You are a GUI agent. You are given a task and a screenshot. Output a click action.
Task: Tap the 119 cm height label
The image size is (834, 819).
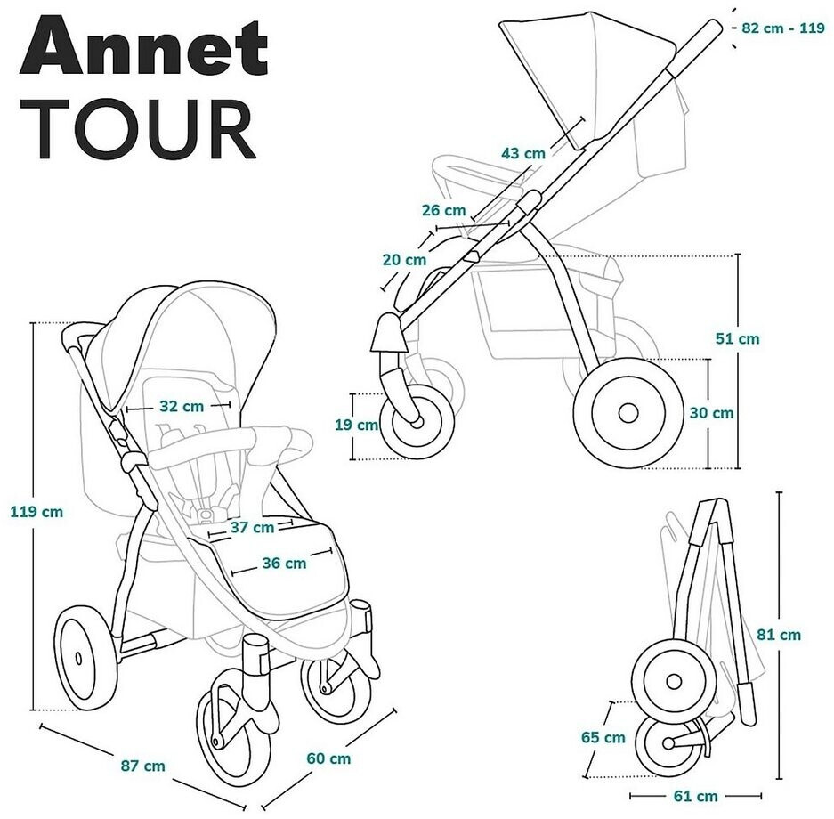coord(36,512)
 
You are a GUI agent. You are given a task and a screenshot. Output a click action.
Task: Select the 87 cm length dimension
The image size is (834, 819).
coord(143,766)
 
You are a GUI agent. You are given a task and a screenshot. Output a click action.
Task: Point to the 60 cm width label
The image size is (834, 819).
coord(328,759)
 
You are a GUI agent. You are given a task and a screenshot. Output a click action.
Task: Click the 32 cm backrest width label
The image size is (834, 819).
coord(182,407)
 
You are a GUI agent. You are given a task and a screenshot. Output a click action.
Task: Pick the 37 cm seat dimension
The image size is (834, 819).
coord(252,527)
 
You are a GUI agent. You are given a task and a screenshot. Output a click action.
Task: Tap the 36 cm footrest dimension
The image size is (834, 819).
coord(284,563)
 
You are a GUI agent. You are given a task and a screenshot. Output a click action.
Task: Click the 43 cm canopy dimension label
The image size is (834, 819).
coord(523,153)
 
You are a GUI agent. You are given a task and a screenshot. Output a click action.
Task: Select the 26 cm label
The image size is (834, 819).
coord(443,210)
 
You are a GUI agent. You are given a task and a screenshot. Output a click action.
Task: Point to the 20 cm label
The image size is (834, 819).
coord(404,260)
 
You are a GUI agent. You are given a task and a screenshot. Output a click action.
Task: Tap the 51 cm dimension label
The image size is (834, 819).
coord(738,338)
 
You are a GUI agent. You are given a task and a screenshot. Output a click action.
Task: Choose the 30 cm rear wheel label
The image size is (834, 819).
coord(712,412)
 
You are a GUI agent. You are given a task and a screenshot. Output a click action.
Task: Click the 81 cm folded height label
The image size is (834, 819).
coord(779,635)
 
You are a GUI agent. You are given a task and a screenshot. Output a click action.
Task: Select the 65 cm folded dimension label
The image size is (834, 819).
coord(603,737)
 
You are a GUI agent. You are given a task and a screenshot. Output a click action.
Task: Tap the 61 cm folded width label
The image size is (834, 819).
coord(695,796)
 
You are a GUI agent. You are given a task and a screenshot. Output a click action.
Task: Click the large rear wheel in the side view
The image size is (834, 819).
coord(627,413)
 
